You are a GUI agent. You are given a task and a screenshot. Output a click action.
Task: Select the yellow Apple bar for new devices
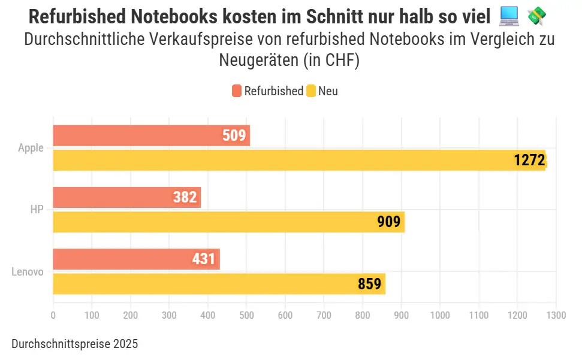click(x=299, y=160)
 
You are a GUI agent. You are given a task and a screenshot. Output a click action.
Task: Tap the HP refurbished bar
click(x=126, y=197)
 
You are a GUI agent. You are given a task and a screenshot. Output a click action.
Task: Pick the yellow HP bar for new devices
click(x=228, y=222)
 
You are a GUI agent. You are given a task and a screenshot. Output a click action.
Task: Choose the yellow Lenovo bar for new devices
click(x=219, y=284)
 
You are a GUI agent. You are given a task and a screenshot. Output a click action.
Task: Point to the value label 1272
click(x=529, y=160)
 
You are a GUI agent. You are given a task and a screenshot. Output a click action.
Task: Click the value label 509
click(x=234, y=135)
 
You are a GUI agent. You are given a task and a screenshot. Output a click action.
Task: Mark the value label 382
click(x=185, y=197)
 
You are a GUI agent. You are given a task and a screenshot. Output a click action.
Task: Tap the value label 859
click(x=369, y=284)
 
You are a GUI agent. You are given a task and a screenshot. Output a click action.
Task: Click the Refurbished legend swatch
click(x=237, y=91)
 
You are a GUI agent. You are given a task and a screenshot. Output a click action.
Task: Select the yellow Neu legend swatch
click(x=311, y=91)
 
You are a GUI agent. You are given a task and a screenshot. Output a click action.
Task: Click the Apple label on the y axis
click(x=31, y=148)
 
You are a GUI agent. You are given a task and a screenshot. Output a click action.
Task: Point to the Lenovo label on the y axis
click(x=28, y=272)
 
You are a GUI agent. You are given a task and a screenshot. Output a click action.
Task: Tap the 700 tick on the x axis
click(x=324, y=315)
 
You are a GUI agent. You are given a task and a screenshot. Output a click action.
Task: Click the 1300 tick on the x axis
click(x=556, y=315)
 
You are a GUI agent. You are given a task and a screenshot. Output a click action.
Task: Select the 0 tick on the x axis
click(x=53, y=315)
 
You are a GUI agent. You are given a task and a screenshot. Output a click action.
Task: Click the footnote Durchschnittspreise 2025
click(x=74, y=344)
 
